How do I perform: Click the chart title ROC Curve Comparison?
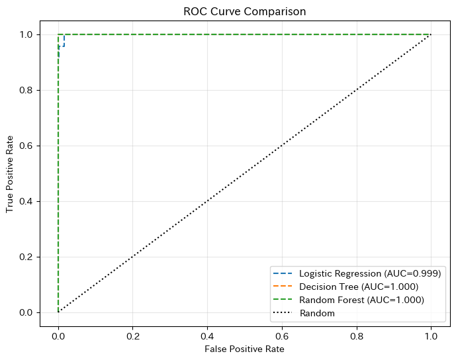(244, 11)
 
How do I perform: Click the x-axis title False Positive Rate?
(244, 349)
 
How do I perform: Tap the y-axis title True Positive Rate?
(10, 173)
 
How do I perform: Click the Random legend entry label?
(316, 313)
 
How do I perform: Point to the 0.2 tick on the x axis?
(133, 336)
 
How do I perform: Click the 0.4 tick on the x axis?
(208, 336)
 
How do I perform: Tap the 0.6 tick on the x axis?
(282, 336)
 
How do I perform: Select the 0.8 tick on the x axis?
(357, 336)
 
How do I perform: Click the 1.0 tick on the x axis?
(431, 336)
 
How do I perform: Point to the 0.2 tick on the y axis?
(27, 257)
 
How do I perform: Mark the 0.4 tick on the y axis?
(27, 201)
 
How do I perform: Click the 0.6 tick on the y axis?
(27, 146)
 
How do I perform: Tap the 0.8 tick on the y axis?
(27, 90)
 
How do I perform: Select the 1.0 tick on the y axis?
(27, 34)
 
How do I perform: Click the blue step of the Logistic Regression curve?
(64, 41)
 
